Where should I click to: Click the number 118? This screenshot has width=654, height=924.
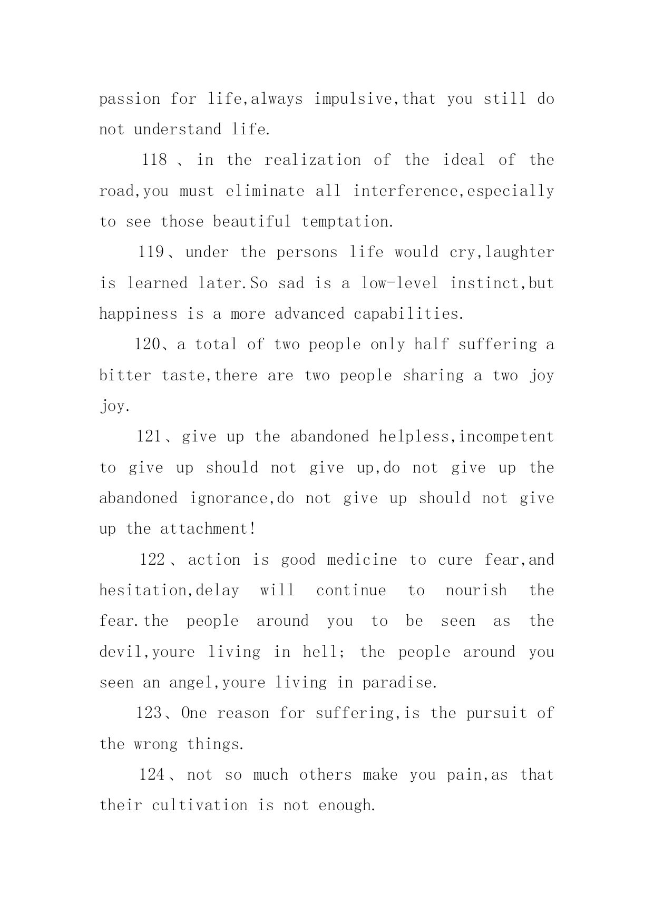tap(154, 160)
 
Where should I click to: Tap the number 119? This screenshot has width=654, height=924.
tap(151, 252)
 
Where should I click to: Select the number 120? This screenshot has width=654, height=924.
tap(147, 345)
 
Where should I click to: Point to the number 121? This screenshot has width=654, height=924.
tap(150, 437)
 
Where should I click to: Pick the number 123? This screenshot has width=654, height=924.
tap(149, 713)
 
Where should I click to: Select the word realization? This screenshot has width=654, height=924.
tap(313, 160)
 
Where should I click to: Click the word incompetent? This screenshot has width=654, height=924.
tap(506, 437)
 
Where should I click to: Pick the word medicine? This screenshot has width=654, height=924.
tap(362, 559)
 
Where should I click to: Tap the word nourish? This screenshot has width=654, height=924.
tap(476, 591)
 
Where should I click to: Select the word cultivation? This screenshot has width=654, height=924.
tap(200, 805)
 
